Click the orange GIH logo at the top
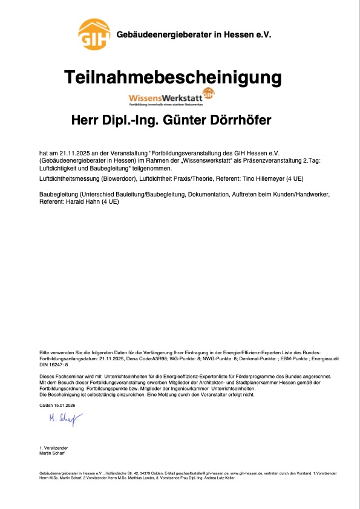pyautogui.click(x=94, y=34)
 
